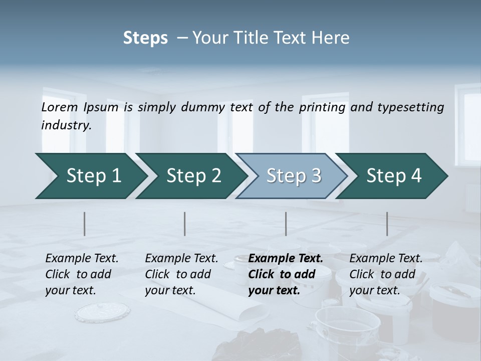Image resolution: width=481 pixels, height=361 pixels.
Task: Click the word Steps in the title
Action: pos(145,38)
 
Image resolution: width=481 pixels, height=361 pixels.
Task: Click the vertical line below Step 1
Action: pos(85,224)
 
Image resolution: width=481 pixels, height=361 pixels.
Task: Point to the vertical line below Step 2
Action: pos(185,224)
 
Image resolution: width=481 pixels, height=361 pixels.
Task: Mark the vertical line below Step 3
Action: pos(286,224)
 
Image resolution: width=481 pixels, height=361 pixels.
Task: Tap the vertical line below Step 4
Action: pos(387,224)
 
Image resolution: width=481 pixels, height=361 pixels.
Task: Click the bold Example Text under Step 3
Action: pos(286,259)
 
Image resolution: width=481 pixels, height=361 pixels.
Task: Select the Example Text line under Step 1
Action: pos(82,259)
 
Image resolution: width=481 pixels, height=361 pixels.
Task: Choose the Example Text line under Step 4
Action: pos(386,259)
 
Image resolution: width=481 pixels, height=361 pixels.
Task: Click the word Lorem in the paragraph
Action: pos(60,107)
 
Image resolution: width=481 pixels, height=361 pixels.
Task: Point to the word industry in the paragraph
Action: pos(66,125)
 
